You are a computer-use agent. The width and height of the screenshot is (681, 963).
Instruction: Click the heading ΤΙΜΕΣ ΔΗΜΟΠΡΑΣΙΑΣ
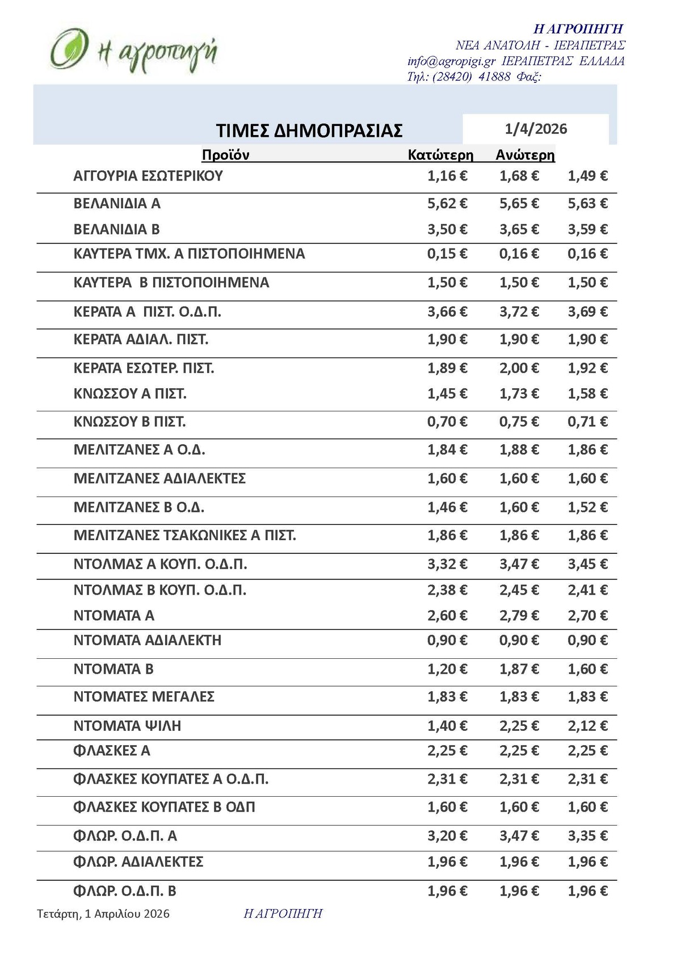pyautogui.click(x=309, y=131)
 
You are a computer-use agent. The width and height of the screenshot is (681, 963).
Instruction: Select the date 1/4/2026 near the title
pyautogui.click(x=536, y=129)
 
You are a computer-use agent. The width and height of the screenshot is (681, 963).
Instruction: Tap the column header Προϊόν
pyautogui.click(x=225, y=155)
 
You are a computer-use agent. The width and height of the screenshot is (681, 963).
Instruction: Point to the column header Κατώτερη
pyautogui.click(x=440, y=155)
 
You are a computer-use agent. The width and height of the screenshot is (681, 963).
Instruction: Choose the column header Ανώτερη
pyautogui.click(x=525, y=155)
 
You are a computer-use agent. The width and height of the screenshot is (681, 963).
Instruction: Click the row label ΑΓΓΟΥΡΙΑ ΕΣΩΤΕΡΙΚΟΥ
pyautogui.click(x=148, y=176)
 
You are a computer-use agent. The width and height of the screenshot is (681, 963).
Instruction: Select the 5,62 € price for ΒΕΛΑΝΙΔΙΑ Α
pyautogui.click(x=447, y=203)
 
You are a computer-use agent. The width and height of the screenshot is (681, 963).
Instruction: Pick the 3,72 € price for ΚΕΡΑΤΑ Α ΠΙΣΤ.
pyautogui.click(x=519, y=312)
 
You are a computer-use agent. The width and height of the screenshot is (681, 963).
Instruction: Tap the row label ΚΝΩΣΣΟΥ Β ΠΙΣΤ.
pyautogui.click(x=130, y=422)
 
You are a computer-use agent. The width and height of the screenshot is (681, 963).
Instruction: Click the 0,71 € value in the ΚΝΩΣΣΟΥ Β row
pyautogui.click(x=587, y=422)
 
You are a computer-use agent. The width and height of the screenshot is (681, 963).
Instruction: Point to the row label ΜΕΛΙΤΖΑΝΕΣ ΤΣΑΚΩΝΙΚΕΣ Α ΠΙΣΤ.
pyautogui.click(x=185, y=535)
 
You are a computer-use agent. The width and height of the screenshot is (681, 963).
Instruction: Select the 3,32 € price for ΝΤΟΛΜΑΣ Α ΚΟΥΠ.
pyautogui.click(x=447, y=564)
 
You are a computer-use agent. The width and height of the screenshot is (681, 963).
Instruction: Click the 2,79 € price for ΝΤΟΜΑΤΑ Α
pyautogui.click(x=519, y=615)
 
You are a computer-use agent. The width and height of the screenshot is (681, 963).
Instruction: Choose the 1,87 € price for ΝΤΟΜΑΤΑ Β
pyautogui.click(x=519, y=669)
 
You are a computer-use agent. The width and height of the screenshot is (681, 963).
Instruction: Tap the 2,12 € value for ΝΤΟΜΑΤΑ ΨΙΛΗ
pyautogui.click(x=587, y=726)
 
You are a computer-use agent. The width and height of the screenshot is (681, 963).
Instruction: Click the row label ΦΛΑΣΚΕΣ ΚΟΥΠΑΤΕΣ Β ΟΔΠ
pyautogui.click(x=165, y=807)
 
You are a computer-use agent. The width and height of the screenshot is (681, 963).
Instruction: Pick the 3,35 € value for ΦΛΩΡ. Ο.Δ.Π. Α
pyautogui.click(x=587, y=836)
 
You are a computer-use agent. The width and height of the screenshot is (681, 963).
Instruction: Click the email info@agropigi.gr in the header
pyautogui.click(x=452, y=61)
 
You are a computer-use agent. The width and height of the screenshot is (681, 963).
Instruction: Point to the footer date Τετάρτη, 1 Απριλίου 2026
pyautogui.click(x=103, y=914)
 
